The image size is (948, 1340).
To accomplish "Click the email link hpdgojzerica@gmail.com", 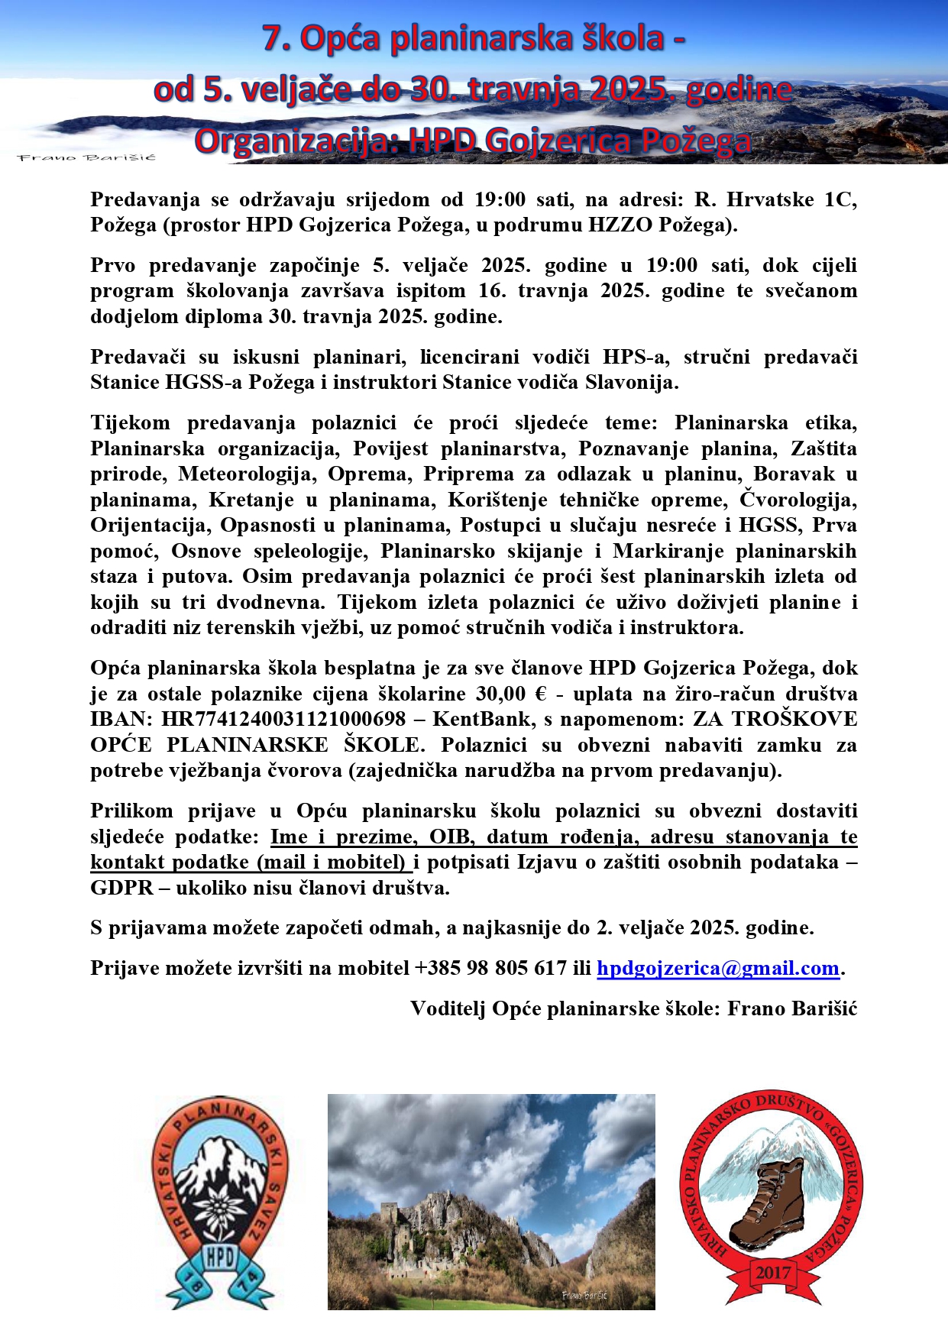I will tap(717, 968).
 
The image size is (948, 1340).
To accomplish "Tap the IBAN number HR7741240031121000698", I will tap(283, 719).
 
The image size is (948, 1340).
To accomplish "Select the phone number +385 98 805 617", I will tap(490, 968).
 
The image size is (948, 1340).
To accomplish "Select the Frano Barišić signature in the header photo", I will tap(86, 157).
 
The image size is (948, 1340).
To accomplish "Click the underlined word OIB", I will tap(450, 836).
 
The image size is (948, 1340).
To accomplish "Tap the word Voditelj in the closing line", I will tap(447, 1008).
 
